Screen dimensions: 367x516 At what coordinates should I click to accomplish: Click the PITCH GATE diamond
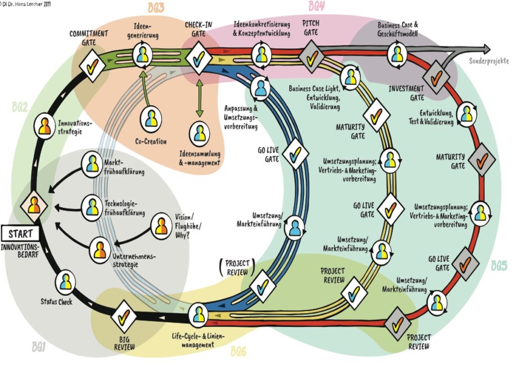pyautogui.click(x=311, y=57)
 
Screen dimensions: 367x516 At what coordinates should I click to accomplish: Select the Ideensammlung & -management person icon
pyautogui.click(x=200, y=133)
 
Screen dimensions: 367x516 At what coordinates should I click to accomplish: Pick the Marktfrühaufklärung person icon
pyautogui.click(x=92, y=163)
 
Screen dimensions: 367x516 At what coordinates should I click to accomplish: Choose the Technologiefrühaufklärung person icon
pyautogui.click(x=92, y=206)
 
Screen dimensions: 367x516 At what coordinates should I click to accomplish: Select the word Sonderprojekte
pyautogui.click(x=488, y=61)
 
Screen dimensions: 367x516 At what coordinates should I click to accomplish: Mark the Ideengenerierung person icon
pyautogui.click(x=143, y=54)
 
